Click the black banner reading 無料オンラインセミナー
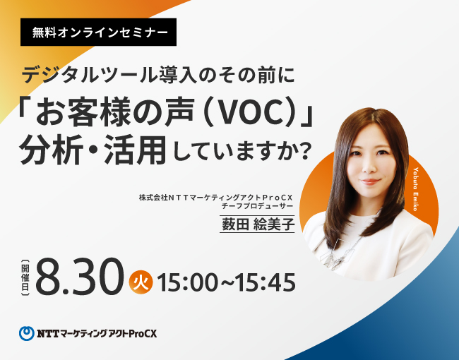98,32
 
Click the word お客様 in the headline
82,113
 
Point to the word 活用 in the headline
136,150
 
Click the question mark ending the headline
305,152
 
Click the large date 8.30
80,276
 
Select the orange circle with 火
141,282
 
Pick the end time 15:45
266,282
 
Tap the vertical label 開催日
25,276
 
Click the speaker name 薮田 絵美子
257,224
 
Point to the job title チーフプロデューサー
257,206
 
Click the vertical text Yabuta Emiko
416,189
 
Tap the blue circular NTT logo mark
27,333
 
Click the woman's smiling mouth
369,181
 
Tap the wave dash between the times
227,283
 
